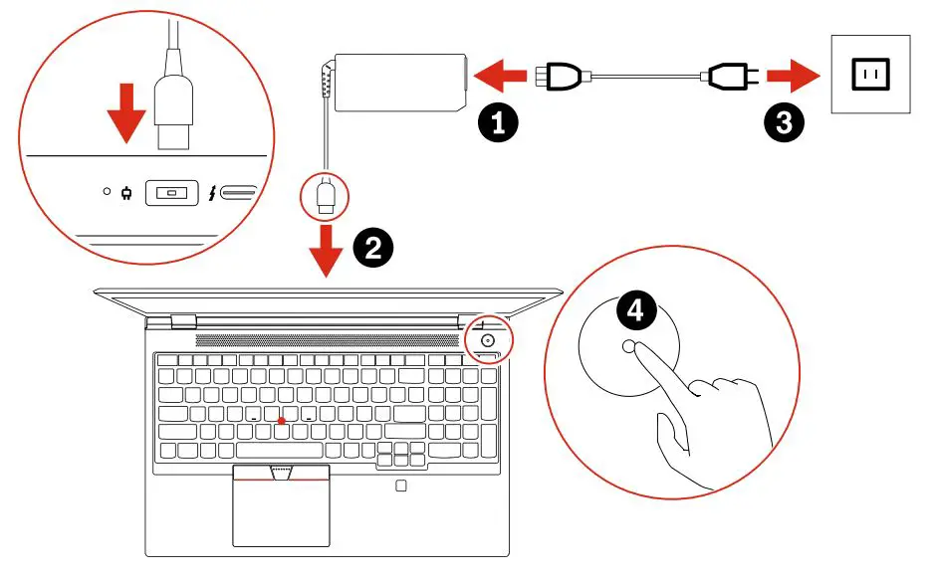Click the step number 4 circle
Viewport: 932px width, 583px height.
tap(634, 311)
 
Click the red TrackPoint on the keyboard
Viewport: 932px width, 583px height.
tap(283, 421)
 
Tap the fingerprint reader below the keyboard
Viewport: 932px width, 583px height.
tap(400, 486)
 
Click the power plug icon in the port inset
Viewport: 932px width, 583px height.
tap(126, 192)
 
